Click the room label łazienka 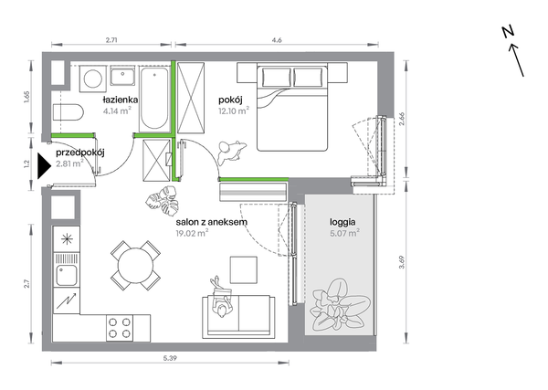(121, 100)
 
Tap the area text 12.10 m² (234, 111)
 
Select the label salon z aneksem (212, 222)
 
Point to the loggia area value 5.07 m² (345, 233)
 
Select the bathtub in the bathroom (153, 99)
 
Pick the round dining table (135, 265)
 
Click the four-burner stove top (120, 328)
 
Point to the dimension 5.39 (170, 359)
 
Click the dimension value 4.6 (277, 40)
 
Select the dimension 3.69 (402, 262)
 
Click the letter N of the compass (509, 32)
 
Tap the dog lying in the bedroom (230, 152)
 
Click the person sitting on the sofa (221, 298)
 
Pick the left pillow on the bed (276, 78)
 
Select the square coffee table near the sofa (244, 270)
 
